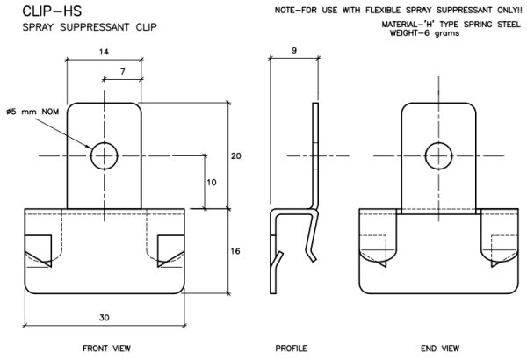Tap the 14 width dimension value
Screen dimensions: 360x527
pyautogui.click(x=105, y=52)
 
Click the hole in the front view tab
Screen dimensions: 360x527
pyautogui.click(x=105, y=155)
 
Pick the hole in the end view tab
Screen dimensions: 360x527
pyautogui.click(x=438, y=155)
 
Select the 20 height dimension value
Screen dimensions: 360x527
pyautogui.click(x=235, y=155)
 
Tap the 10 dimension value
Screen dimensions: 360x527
pyautogui.click(x=211, y=182)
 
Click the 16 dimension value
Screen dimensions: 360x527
pyautogui.click(x=235, y=251)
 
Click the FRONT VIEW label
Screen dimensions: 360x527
pyautogui.click(x=106, y=349)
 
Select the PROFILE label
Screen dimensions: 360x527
pyautogui.click(x=292, y=349)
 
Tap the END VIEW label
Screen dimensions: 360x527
pyautogui.click(x=439, y=349)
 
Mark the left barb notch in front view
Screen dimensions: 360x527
pyautogui.click(x=40, y=251)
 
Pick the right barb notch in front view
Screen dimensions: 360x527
pyautogui.click(x=170, y=251)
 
